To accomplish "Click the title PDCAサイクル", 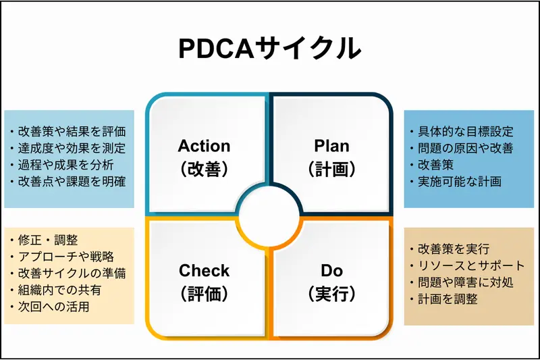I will [x=269, y=49].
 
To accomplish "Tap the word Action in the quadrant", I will [x=204, y=146].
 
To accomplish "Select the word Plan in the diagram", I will [x=331, y=146].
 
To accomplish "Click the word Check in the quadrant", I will [x=204, y=271].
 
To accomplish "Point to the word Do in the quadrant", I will [x=331, y=271].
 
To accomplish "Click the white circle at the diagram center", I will [x=269, y=217].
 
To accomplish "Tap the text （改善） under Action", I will [x=204, y=169].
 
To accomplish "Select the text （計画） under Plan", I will [x=331, y=169].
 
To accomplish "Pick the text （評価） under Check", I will [x=204, y=294].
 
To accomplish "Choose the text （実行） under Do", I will [x=331, y=294].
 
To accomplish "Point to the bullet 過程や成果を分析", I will [x=65, y=164].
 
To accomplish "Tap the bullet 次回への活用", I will [x=54, y=307].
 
